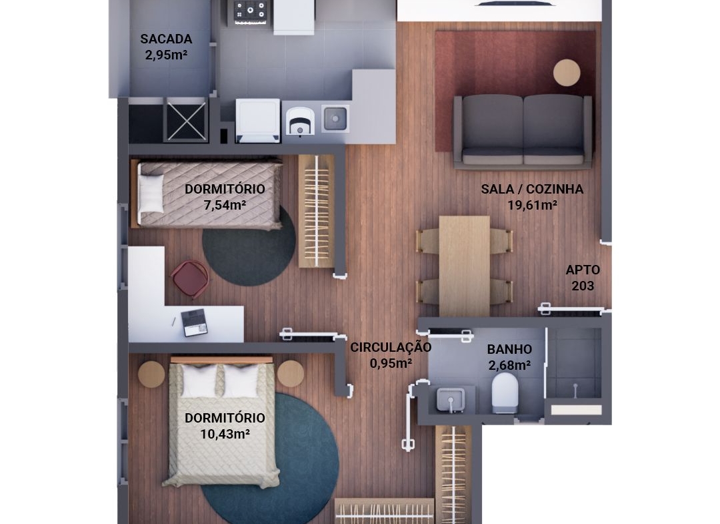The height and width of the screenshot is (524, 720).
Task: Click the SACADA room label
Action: pos(166,39)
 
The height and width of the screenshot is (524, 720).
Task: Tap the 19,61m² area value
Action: pos(532,205)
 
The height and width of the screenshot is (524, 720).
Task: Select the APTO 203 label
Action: pos(583,278)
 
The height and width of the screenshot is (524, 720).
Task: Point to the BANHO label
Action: pos(509,349)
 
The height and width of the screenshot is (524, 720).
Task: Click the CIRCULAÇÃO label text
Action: pos(391,348)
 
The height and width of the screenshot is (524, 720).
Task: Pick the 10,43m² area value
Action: pos(225,434)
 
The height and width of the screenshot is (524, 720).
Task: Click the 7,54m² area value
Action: pos(225,205)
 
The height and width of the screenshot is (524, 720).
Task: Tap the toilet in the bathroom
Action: pos(505,392)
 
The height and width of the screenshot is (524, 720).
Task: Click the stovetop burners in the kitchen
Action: pos(250,13)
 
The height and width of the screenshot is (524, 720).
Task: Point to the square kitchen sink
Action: pos(335,119)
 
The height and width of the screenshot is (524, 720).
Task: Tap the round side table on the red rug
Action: pos(567,73)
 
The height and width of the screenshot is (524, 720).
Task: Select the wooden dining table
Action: pos(464,266)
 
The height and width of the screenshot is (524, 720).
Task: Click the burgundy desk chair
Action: pos(190,279)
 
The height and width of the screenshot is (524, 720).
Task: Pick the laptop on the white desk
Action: pos(194,322)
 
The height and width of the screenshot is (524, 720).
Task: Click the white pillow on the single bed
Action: pos(151,194)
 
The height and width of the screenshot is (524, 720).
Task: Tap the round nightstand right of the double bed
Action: pos(290,374)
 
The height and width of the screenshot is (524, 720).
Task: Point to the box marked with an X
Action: pos(185,120)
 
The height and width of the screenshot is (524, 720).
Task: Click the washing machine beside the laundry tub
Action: pos(258,120)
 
